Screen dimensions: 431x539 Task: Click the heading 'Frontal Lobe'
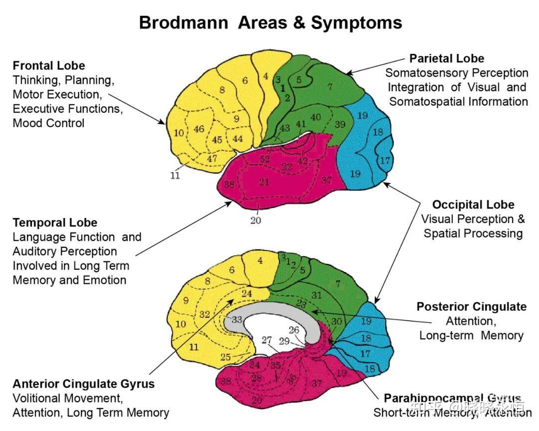pyautogui.click(x=49, y=66)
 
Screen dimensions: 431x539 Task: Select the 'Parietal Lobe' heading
pyautogui.click(x=447, y=58)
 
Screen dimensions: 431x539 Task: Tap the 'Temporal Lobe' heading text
pyautogui.click(x=55, y=222)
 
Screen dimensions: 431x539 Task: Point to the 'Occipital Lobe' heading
pyautogui.click(x=473, y=205)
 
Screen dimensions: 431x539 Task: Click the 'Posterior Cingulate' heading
pyautogui.click(x=472, y=306)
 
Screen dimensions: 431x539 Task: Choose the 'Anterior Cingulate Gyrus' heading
pyautogui.click(x=83, y=384)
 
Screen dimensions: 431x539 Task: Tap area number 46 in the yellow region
pyautogui.click(x=199, y=129)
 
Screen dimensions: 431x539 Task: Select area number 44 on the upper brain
pyautogui.click(x=238, y=139)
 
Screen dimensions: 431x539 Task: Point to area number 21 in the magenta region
pyautogui.click(x=264, y=182)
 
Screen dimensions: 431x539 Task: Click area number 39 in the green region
pyautogui.click(x=340, y=124)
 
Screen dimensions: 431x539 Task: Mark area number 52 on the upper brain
pyautogui.click(x=265, y=160)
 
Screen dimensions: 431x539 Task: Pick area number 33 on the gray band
pyautogui.click(x=237, y=319)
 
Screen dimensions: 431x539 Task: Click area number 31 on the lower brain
pyautogui.click(x=316, y=295)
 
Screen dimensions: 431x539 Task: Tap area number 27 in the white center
pyautogui.click(x=267, y=340)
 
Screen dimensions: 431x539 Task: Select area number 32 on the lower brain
pyautogui.click(x=204, y=314)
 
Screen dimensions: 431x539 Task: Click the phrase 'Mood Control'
pyautogui.click(x=48, y=123)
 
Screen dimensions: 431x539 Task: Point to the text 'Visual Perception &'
pyautogui.click(x=473, y=219)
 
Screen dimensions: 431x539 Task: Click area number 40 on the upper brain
pyautogui.click(x=315, y=117)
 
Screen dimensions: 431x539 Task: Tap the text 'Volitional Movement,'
pyautogui.click(x=67, y=398)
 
